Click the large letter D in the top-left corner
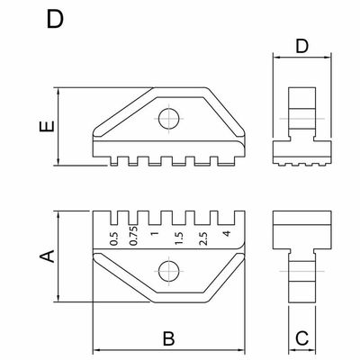[x=55, y=19]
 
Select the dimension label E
[x=47, y=126]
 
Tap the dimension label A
[x=47, y=256]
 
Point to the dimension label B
[x=168, y=338]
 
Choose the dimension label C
[x=301, y=338]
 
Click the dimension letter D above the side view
[x=302, y=47]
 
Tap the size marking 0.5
[x=114, y=238]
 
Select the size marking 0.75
[x=134, y=236]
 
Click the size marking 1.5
[x=179, y=238]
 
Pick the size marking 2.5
[x=203, y=238]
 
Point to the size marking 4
[x=227, y=233]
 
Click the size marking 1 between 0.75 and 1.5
[x=155, y=233]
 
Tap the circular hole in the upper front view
[x=169, y=119]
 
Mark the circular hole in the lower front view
[x=169, y=271]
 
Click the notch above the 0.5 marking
[x=114, y=218]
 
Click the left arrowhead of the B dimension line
[x=96, y=350]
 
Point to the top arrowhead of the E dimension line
[x=58, y=92]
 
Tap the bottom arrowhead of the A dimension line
[x=58, y=298]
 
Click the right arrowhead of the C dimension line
[x=312, y=350]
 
